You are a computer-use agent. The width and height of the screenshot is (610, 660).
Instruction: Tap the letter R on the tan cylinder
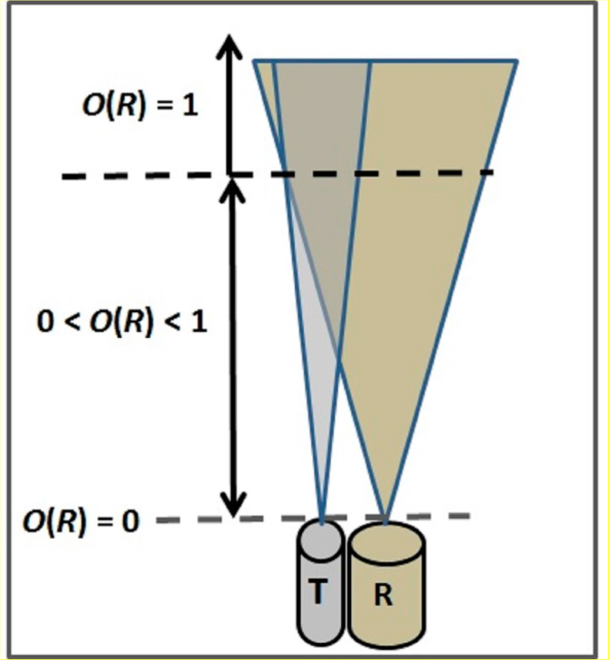pos(384,597)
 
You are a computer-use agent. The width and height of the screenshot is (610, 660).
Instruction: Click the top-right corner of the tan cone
pos(516,61)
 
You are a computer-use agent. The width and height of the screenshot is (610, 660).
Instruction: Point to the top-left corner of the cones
pos(255,61)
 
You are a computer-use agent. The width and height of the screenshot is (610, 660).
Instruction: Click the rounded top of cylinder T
pos(321,532)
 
